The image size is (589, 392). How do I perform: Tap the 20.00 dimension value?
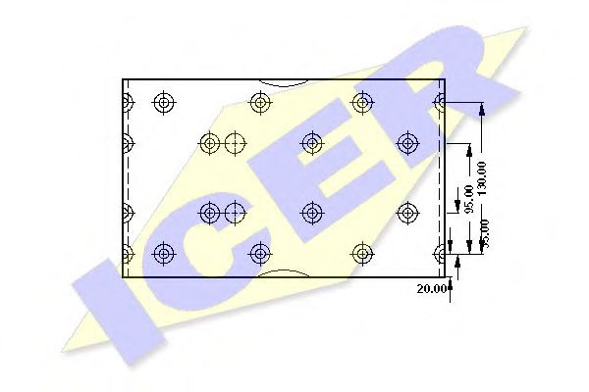[x=432, y=289]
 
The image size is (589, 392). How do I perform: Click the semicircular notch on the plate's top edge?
[x=285, y=83]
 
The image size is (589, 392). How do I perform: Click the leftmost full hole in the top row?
[x=163, y=101]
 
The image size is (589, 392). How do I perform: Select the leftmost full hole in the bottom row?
[x=163, y=254]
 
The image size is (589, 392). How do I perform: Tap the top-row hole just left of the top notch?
[x=260, y=101]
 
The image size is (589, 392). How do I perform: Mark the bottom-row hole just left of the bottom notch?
[x=260, y=254]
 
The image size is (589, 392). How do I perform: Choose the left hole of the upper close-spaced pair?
[x=209, y=143]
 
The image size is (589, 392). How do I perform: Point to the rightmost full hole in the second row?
[x=408, y=143]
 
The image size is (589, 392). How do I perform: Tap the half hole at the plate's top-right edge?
[x=441, y=101]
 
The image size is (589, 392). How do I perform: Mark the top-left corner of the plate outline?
[x=123, y=79]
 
